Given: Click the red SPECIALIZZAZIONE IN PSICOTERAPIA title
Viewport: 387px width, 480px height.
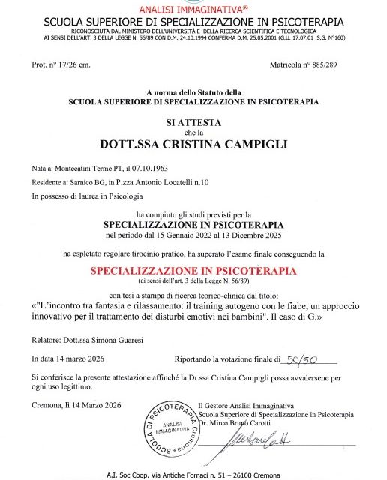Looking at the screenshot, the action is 193,269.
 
